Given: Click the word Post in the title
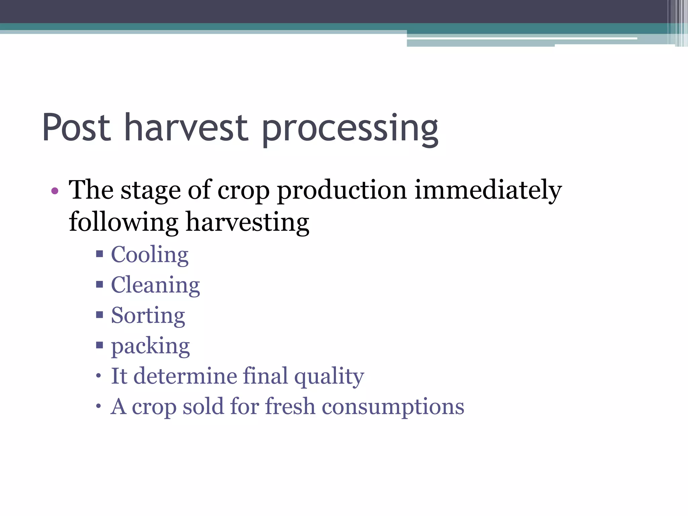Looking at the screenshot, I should coord(77,128).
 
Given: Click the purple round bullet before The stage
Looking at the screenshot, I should coord(55,191).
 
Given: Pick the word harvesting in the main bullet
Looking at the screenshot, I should coord(247,222).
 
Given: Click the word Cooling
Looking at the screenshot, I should coord(149,255).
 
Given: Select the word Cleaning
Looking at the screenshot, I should coord(155,285).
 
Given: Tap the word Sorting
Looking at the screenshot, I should coord(148,316).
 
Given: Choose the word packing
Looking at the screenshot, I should coord(150,346).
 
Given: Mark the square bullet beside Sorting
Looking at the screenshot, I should coord(99,315).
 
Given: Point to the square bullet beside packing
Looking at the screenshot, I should coord(99,345).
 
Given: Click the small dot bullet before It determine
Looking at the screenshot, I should coord(98,376).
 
